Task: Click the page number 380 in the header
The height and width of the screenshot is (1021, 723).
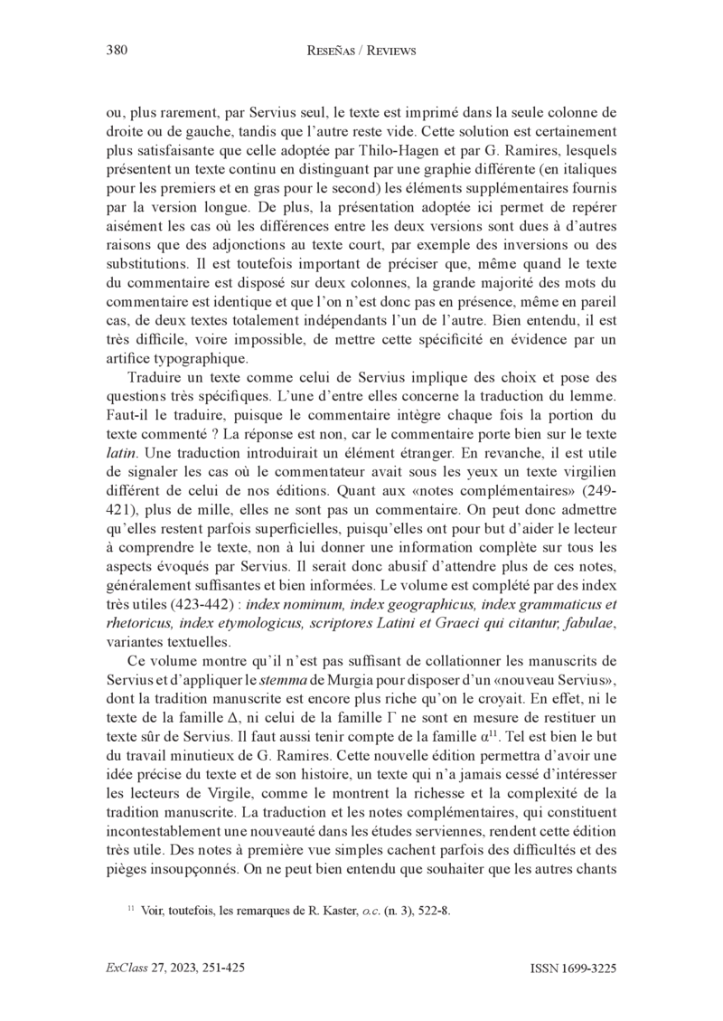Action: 117,52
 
